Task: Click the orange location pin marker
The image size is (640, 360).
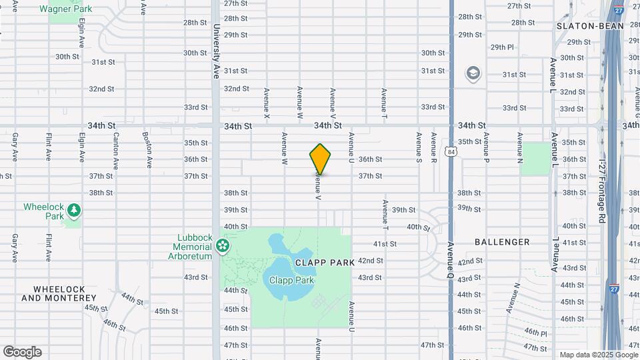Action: [320, 159]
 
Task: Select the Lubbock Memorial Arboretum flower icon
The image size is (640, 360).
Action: [223, 247]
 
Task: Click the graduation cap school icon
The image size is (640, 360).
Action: [473, 73]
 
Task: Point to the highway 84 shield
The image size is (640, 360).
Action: [452, 152]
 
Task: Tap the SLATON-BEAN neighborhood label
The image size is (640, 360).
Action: [590, 26]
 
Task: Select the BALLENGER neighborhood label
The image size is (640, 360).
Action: [502, 242]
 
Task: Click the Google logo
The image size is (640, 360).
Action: [22, 352]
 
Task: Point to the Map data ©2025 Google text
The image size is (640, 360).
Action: [598, 355]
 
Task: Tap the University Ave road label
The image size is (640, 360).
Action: [217, 52]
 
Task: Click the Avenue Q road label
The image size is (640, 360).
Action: [452, 262]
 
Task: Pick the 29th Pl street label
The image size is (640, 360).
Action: [502, 47]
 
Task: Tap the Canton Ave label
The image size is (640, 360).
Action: [116, 151]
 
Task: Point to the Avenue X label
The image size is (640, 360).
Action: [267, 104]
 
